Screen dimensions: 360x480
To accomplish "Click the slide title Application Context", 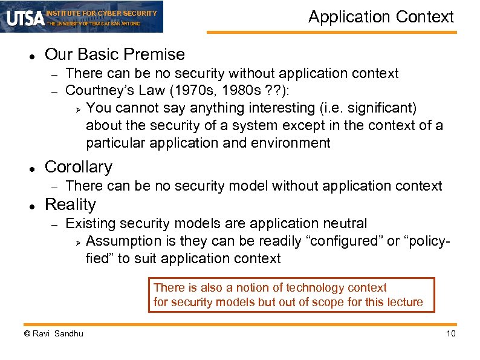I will point(381,17).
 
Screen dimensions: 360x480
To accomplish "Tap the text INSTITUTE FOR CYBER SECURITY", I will point(102,13).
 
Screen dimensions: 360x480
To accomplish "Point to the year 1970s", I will point(158,91).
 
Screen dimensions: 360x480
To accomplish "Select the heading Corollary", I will point(79,167).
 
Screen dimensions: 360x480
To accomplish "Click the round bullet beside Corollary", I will point(30,168).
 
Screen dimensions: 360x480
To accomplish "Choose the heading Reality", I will point(70,205).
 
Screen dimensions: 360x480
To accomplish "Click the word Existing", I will point(89,224).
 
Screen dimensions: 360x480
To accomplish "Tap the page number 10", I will point(450,334).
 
